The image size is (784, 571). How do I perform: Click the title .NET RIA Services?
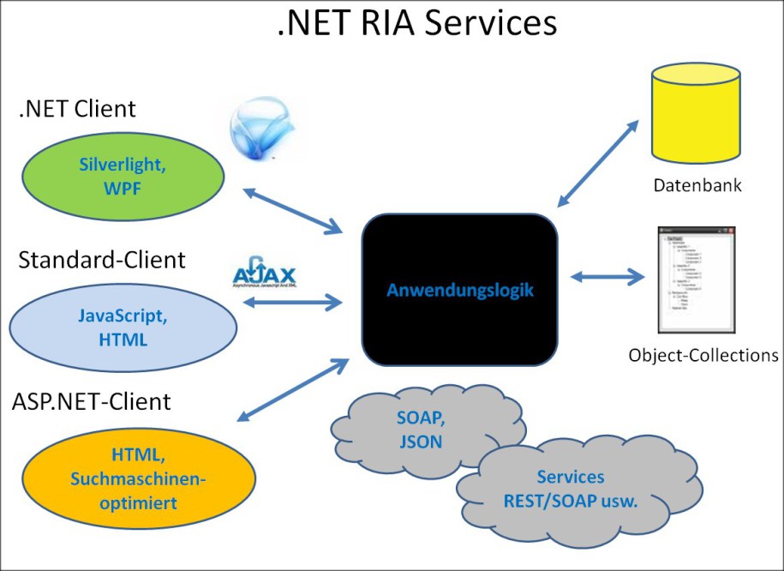[x=416, y=23]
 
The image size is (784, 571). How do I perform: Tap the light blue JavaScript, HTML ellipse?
[x=123, y=328]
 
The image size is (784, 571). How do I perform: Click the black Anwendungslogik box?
[x=460, y=290]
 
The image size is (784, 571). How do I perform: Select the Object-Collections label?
[x=703, y=355]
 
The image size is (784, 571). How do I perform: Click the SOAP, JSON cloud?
[x=419, y=430]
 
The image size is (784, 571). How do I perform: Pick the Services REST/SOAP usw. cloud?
[x=570, y=489]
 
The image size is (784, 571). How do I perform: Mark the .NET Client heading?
[x=77, y=109]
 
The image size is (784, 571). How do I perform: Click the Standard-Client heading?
[x=102, y=259]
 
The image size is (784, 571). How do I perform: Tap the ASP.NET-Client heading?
[x=93, y=400]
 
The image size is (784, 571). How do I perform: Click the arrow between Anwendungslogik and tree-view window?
[x=607, y=277]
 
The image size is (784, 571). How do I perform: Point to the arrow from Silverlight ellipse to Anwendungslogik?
[x=293, y=210]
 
